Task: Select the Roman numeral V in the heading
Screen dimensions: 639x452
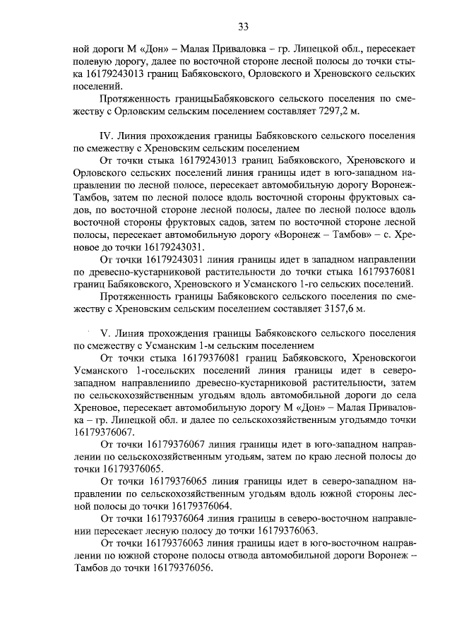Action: point(106,333)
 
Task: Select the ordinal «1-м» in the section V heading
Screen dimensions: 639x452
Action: point(196,346)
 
